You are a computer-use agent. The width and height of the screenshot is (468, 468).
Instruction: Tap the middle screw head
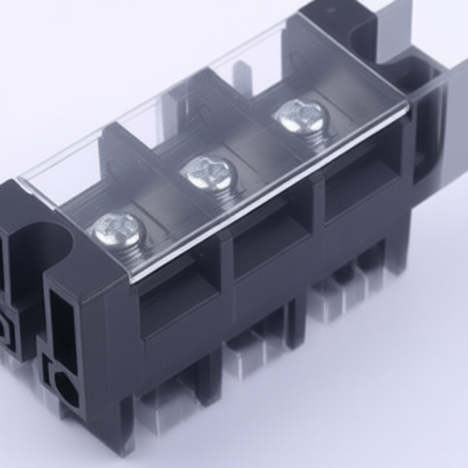click(x=209, y=171)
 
